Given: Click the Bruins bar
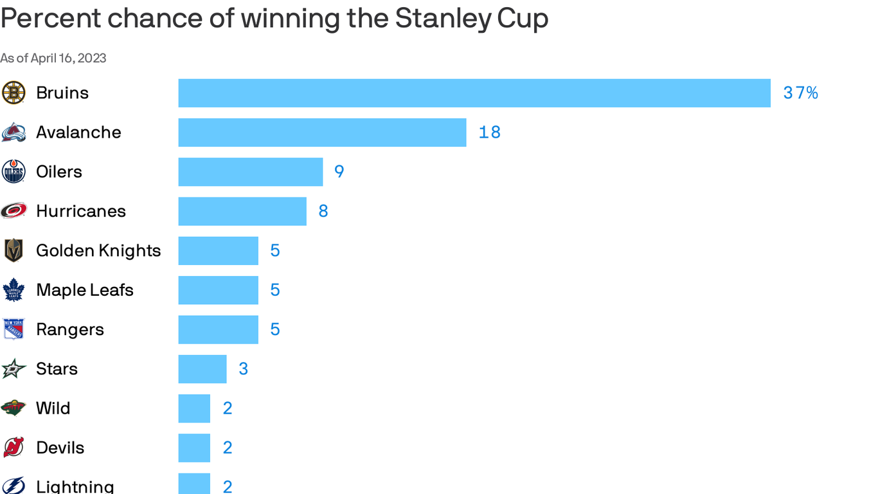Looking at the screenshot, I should tap(474, 93).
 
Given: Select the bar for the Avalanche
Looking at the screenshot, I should tap(322, 133).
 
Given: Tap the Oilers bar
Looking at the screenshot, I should tap(251, 172).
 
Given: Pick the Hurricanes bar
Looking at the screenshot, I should tap(242, 212).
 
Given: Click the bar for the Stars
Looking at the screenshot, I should tap(202, 369).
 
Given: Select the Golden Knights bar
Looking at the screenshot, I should tap(219, 251).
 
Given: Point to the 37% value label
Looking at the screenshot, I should tap(800, 93).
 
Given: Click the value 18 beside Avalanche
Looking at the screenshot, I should tap(490, 133).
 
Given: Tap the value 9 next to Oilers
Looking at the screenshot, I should tap(339, 172).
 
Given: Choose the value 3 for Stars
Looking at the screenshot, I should tap(244, 369).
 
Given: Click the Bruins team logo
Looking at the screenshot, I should tap(13, 93).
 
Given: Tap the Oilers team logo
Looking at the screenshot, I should tap(13, 172).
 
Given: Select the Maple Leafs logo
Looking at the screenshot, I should tap(13, 290).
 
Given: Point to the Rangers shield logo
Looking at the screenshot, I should tap(13, 329).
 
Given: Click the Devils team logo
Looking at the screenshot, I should tap(13, 448).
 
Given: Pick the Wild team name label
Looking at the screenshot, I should tap(53, 408).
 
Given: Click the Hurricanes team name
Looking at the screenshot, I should tap(81, 212).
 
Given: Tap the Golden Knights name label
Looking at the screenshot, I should tap(98, 251).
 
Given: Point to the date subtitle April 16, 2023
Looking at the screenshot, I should tap(68, 59).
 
